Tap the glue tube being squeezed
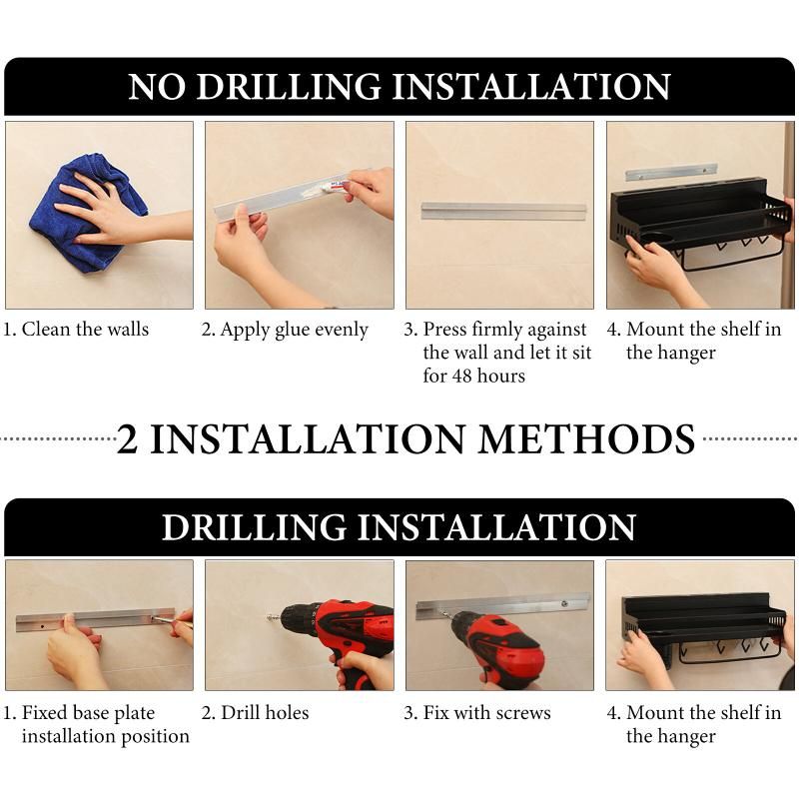pos(333,186)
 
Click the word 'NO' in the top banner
pos(157,86)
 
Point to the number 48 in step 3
pos(461,377)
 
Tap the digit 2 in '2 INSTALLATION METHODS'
pos(128,438)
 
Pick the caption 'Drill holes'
pos(265,712)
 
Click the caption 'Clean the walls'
pos(85,329)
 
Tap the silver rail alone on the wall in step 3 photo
pos(503,211)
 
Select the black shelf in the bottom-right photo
pos(703,629)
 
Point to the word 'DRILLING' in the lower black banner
pos(255,527)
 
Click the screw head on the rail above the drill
pos(564,604)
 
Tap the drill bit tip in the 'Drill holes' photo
pos(267,617)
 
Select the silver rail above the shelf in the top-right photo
pos(671,172)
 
